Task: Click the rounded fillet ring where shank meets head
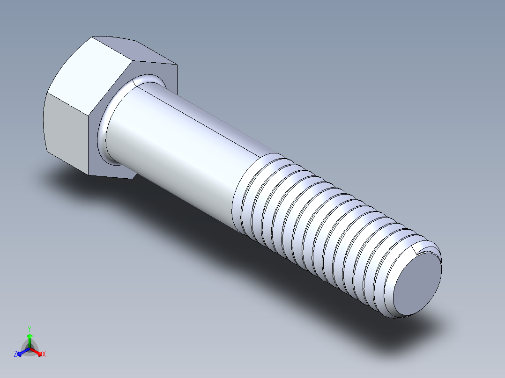pyautogui.click(x=105, y=126)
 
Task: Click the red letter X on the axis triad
pyautogui.click(x=44, y=355)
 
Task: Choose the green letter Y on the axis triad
pyautogui.click(x=29, y=329)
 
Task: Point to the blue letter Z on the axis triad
pyautogui.click(x=15, y=354)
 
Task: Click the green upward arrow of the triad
pyautogui.click(x=30, y=338)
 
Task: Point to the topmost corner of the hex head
pyautogui.click(x=94, y=37)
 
